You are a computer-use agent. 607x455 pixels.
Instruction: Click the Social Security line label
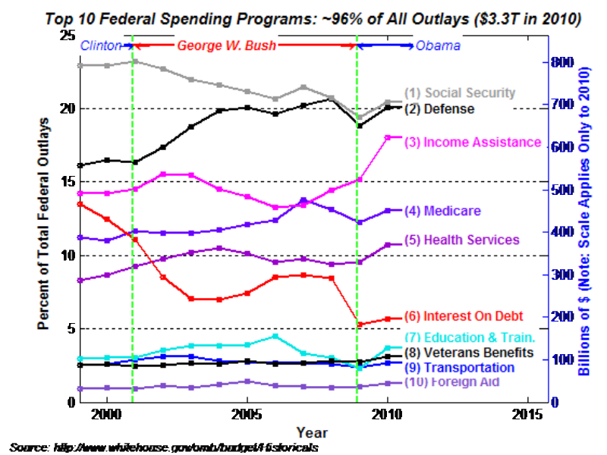click(x=460, y=93)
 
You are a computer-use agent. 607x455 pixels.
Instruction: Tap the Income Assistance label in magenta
click(x=472, y=143)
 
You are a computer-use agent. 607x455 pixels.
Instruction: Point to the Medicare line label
click(x=442, y=211)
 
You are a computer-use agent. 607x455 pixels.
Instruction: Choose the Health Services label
click(x=461, y=240)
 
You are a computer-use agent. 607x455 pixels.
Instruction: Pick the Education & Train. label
click(x=470, y=337)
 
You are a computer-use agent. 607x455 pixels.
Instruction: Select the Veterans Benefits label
click(x=470, y=353)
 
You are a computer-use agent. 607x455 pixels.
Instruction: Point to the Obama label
click(x=438, y=45)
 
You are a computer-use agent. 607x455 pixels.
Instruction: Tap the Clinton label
click(x=101, y=45)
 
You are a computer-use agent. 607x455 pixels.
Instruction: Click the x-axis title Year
click(x=312, y=433)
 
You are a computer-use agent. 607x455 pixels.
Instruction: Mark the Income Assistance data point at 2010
click(x=388, y=137)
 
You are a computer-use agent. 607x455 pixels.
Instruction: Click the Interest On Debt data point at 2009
click(x=360, y=325)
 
